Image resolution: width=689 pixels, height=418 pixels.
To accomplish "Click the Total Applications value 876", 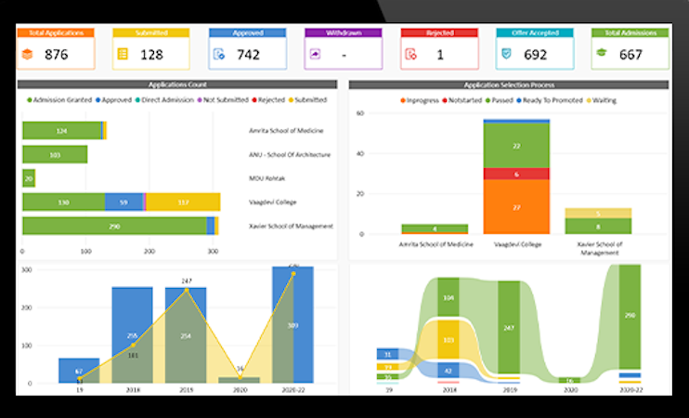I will pos(56,55).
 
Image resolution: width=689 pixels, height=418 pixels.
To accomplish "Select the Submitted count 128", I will pos(151,55).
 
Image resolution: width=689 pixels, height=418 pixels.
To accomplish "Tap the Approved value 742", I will pos(248,55).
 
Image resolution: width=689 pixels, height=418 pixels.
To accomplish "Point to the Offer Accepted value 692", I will pos(535,55).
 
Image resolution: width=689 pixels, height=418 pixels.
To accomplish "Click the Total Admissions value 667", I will pos(630,55).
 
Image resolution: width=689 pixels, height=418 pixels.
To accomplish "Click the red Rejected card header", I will pos(439,33).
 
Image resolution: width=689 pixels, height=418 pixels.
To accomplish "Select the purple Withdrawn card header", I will pos(343,33).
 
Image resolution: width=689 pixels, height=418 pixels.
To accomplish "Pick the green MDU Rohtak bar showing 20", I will pos(29,178).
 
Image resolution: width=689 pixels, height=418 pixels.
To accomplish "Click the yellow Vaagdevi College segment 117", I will pos(183,202).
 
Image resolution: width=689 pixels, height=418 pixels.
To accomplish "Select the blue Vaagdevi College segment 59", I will pos(123,202).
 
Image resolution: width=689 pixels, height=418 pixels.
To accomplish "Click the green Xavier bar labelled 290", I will pos(114,226).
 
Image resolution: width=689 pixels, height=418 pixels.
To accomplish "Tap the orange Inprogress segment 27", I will pos(516,206).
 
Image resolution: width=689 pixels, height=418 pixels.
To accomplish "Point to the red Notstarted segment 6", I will pos(516,174).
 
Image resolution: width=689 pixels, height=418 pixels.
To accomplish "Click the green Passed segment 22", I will pos(516,145).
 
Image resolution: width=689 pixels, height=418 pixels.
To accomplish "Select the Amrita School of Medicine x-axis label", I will pos(436,243).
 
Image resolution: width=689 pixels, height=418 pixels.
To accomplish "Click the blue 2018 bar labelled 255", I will pos(133,334).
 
